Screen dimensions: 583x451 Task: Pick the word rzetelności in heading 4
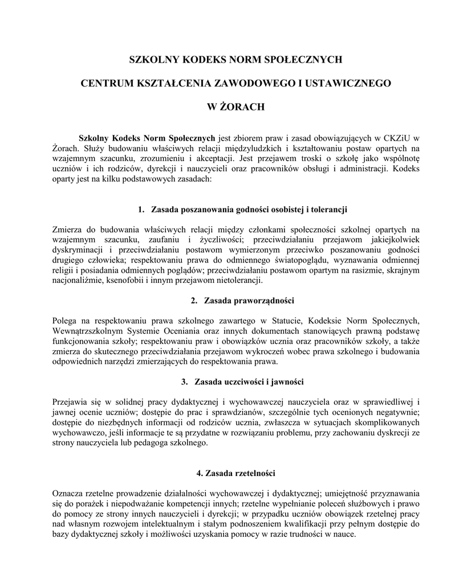[255, 473]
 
